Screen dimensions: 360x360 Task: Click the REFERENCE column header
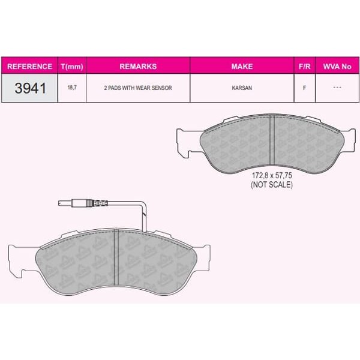click(30, 66)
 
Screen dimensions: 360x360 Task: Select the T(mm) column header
click(72, 66)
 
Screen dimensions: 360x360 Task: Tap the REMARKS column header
click(138, 66)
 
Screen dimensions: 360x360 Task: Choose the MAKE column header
click(242, 66)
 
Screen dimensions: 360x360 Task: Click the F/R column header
click(304, 66)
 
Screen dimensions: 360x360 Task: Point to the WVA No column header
click(337, 66)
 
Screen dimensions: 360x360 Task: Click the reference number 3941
click(29, 88)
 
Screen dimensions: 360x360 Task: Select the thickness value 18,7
click(72, 88)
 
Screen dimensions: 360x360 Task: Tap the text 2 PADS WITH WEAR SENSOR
click(138, 88)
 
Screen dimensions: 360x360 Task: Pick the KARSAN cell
click(242, 88)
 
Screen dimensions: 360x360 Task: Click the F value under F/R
click(304, 88)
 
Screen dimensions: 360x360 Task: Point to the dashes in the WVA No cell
click(337, 88)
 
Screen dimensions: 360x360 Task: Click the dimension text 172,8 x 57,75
click(271, 176)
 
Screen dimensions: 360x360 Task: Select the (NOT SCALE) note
click(271, 185)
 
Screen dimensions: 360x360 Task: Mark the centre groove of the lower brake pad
click(115, 259)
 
